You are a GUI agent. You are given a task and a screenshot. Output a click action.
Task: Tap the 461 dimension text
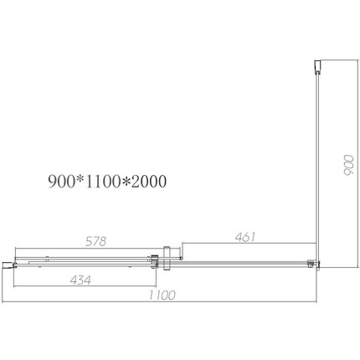pyautogui.click(x=243, y=237)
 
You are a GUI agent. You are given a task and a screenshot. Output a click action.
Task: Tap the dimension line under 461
pyautogui.click(x=247, y=244)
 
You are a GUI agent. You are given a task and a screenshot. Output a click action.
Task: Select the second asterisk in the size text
pyautogui.click(x=126, y=180)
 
